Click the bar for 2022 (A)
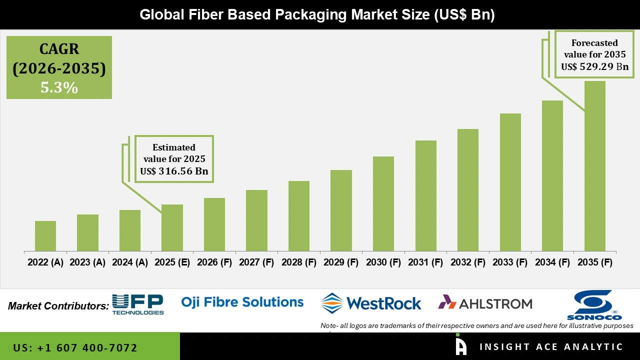pyautogui.click(x=45, y=236)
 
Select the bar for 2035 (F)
pyautogui.click(x=594, y=166)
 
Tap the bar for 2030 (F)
pyautogui.click(x=383, y=203)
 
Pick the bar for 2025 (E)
pyautogui.click(x=172, y=227)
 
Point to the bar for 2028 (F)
pyautogui.click(x=299, y=216)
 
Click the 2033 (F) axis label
pyautogui.click(x=510, y=262)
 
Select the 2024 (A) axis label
pyautogui.click(x=130, y=262)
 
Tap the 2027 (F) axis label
pyautogui.click(x=256, y=262)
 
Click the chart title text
pyautogui.click(x=317, y=15)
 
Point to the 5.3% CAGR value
pyautogui.click(x=59, y=88)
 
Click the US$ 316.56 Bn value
pyautogui.click(x=174, y=171)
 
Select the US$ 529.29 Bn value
pyautogui.click(x=594, y=66)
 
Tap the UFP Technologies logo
pyautogui.click(x=138, y=304)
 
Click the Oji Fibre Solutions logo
pyautogui.click(x=242, y=302)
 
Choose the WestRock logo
pyautogui.click(x=371, y=303)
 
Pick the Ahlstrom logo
pyautogui.click(x=485, y=303)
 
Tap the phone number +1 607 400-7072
pyautogui.click(x=75, y=347)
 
